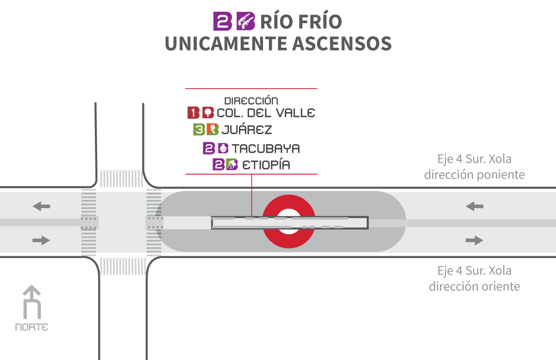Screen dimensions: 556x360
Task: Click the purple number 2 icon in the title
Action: point(223,21)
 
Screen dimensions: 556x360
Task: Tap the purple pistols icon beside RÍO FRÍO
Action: point(246,21)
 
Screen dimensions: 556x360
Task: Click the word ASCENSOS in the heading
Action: point(342,44)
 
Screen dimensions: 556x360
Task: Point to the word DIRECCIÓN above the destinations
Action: point(251,100)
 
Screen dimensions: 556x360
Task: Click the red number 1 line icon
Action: point(194,113)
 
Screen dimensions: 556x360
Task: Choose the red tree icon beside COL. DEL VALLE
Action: point(208,113)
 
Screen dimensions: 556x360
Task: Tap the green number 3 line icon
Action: point(199,130)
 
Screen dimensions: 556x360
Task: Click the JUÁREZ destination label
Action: point(247,129)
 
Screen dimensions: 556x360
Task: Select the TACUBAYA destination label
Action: point(266,149)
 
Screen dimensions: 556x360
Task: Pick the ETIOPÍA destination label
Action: point(266,165)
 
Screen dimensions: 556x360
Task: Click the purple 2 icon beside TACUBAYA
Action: point(209,148)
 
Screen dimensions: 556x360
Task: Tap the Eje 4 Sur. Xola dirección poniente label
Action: point(474,167)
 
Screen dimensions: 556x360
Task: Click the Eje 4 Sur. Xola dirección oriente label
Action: point(474,279)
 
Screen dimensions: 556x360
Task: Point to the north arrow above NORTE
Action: point(32,302)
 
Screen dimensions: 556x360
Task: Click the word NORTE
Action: point(31,327)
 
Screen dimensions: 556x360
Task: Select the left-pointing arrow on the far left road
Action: point(41,206)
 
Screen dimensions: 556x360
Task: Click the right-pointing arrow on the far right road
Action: point(474,240)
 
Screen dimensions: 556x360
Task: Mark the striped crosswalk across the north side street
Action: point(122,178)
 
